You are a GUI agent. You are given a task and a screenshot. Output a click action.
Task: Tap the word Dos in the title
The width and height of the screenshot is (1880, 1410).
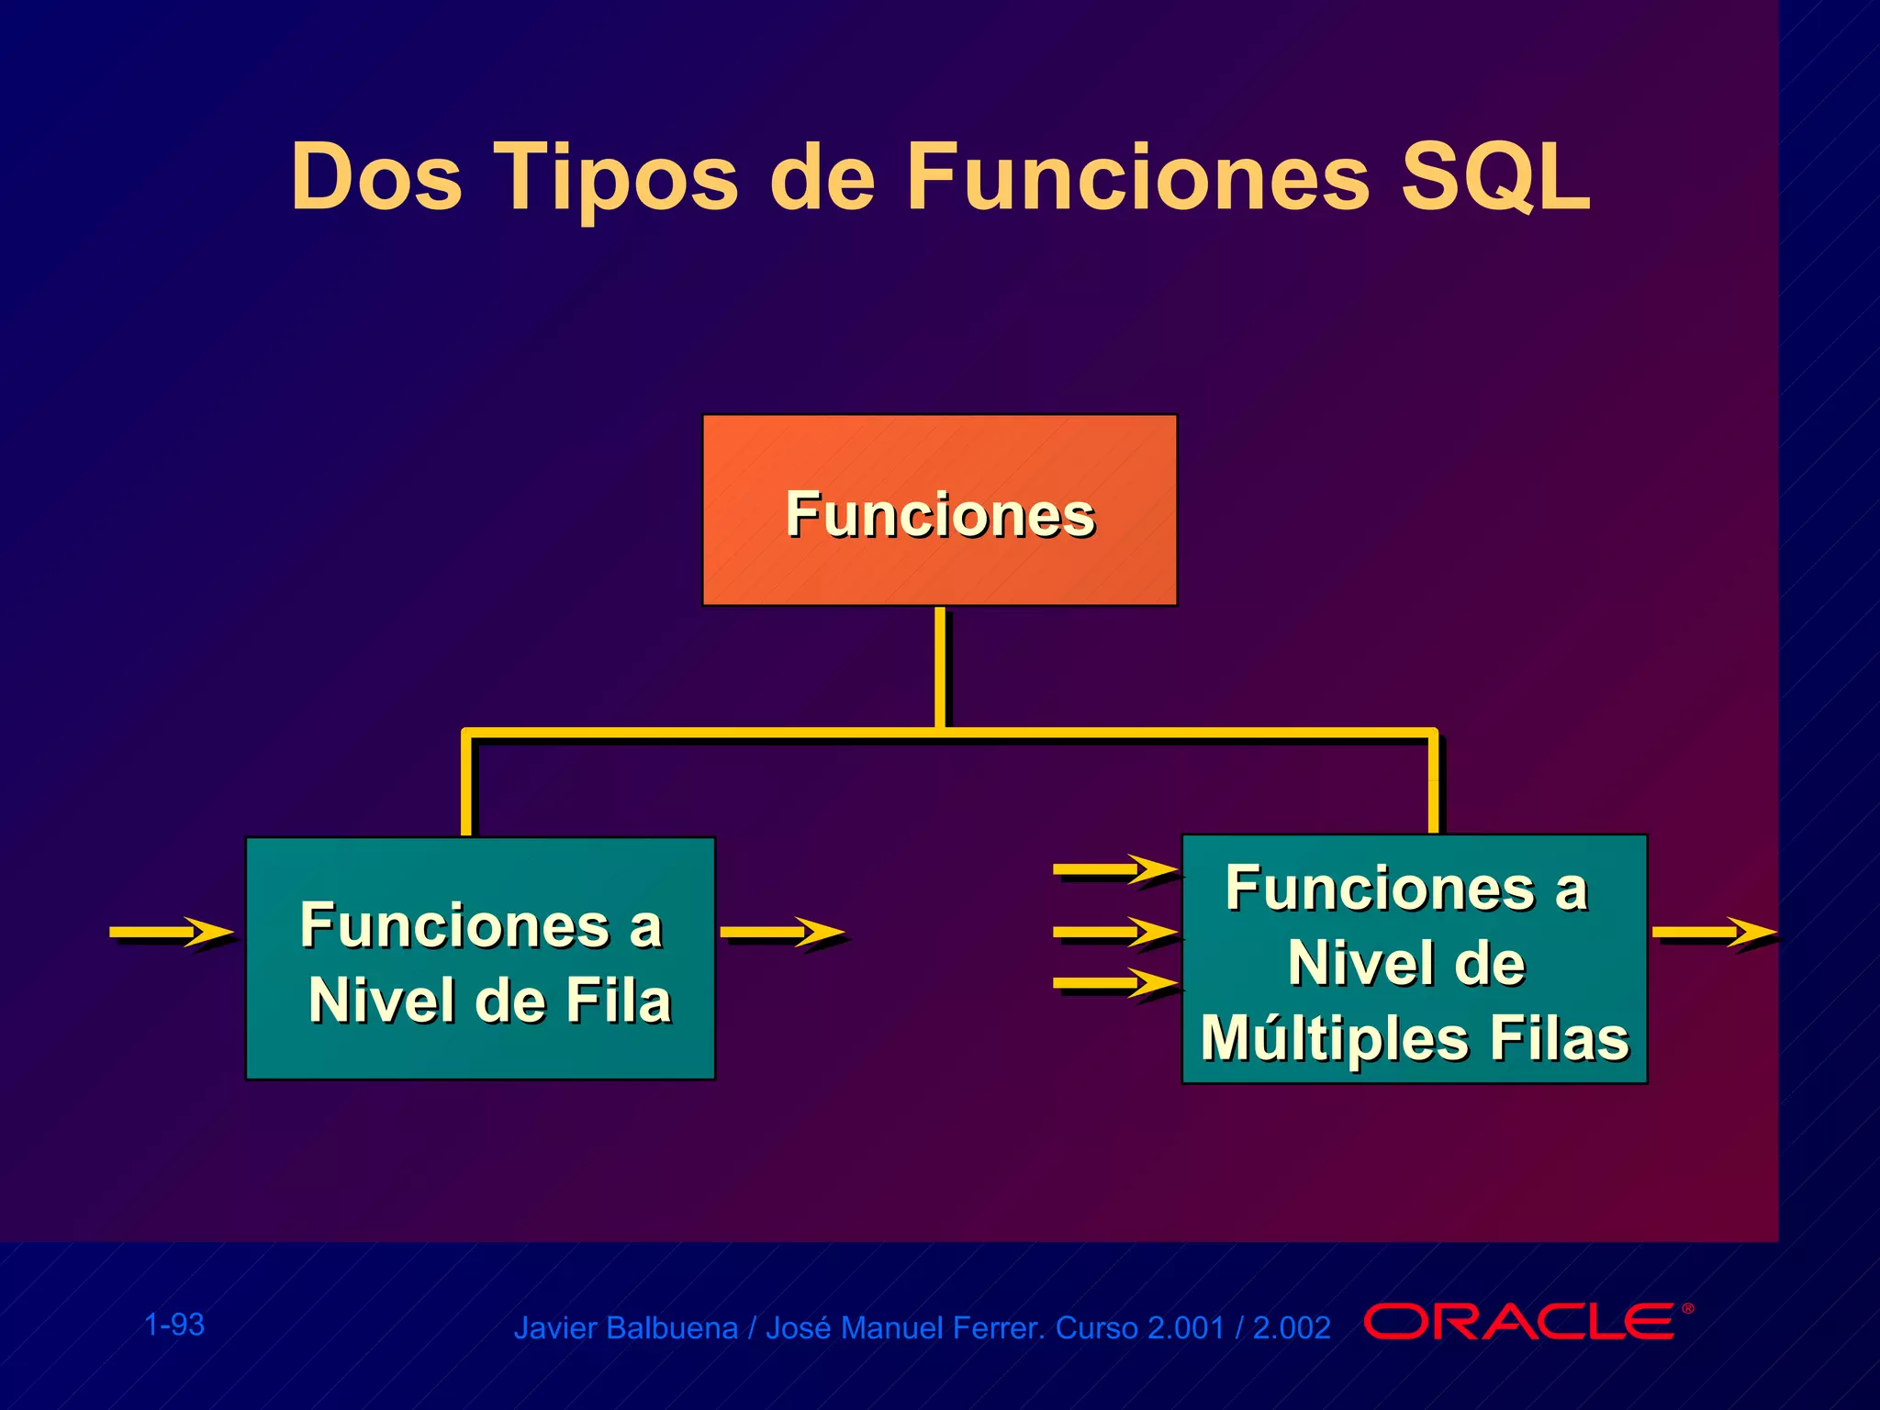[x=376, y=177]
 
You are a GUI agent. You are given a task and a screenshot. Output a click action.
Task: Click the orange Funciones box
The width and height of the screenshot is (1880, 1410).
[x=939, y=510]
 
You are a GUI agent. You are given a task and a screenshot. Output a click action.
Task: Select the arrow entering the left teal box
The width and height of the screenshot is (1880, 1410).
[x=172, y=932]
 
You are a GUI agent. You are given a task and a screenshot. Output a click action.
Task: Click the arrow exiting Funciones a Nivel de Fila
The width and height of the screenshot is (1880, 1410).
[x=782, y=932]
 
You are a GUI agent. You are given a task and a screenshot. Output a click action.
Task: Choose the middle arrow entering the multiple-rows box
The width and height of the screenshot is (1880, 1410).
[x=1115, y=933]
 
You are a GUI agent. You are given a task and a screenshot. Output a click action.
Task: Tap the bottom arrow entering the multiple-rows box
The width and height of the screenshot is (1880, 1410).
[x=1115, y=983]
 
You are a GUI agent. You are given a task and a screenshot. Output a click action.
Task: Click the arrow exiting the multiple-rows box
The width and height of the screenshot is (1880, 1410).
[x=1713, y=933]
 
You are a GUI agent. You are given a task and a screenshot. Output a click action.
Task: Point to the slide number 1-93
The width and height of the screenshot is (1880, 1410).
[x=174, y=1325]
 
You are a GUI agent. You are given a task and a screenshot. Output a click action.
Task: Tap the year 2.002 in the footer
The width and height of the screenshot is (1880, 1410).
[x=1291, y=1328]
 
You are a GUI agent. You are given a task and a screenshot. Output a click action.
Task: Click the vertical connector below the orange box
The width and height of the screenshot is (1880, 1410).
[x=940, y=667]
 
